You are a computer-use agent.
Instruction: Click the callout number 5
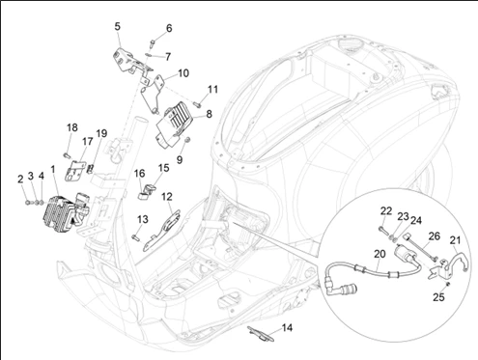point(118,26)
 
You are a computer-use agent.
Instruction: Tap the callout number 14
point(287,328)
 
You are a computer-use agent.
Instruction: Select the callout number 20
point(380,254)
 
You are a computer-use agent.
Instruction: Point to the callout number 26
point(435,236)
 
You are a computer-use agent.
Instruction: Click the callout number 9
point(180,159)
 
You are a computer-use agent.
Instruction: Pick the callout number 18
point(72,127)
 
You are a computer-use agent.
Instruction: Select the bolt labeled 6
point(152,43)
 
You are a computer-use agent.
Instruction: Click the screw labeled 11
point(197,103)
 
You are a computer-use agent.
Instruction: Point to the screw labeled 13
point(135,237)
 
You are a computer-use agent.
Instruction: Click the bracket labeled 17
point(74,171)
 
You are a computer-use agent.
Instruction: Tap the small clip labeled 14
point(261,334)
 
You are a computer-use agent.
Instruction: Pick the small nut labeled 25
point(448,284)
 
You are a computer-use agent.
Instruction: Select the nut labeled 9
point(188,140)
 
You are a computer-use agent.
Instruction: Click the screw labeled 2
point(27,203)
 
